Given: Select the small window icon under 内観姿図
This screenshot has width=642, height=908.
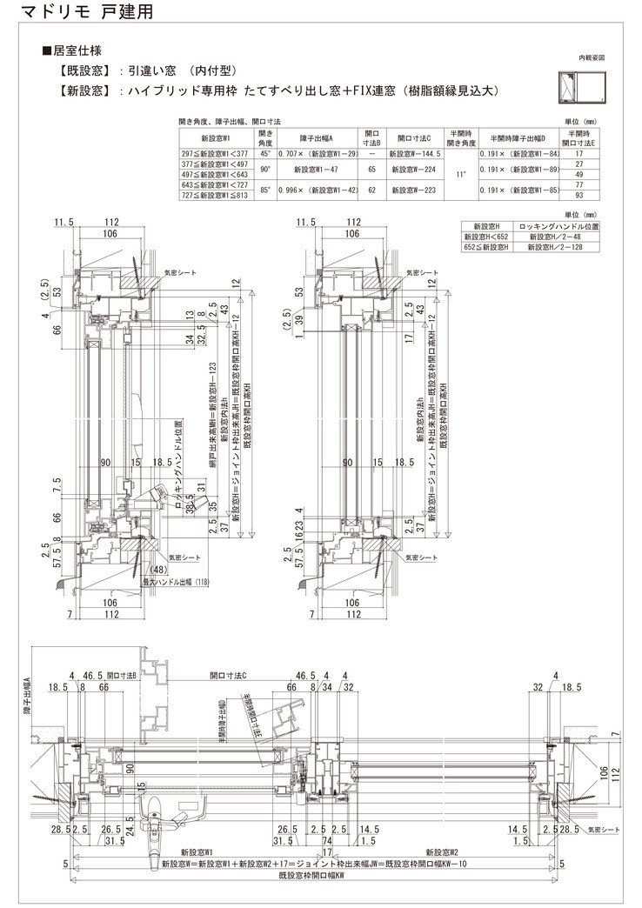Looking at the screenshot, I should (x=578, y=87).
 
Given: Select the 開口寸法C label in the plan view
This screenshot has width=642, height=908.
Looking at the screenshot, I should (x=229, y=674).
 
